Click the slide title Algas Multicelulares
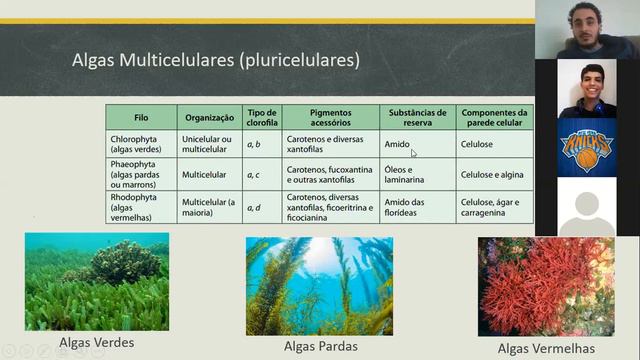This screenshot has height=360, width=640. (216, 60)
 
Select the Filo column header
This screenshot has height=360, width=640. (141, 117)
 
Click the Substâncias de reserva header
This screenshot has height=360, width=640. (417, 117)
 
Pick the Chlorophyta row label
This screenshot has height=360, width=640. (141, 145)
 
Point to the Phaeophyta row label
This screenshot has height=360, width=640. (141, 174)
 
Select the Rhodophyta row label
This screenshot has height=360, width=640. (141, 207)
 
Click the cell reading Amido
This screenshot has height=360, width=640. (397, 145)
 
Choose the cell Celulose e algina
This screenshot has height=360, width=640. (492, 174)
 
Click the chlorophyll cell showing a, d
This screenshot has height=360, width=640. (254, 207)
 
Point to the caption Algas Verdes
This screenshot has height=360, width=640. (97, 343)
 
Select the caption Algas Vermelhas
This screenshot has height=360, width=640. (545, 348)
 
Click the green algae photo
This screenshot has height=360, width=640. (97, 281)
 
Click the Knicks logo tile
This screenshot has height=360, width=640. (586, 147)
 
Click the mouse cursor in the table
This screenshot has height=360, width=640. (414, 153)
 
